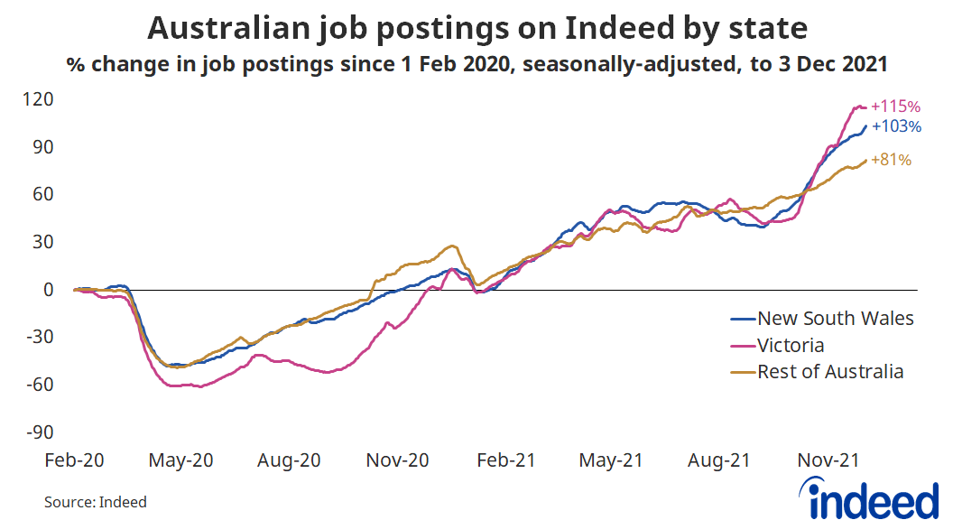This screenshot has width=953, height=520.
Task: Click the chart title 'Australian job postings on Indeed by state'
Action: pyautogui.click(x=476, y=29)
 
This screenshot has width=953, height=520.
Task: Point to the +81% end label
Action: pyautogui.click(x=891, y=161)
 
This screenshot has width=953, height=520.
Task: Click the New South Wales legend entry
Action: pyautogui.click(x=835, y=318)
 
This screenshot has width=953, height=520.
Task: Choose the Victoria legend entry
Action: pyautogui.click(x=791, y=345)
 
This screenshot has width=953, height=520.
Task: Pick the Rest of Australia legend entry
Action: pyautogui.click(x=830, y=371)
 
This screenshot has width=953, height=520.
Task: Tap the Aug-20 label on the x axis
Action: pyautogui.click(x=289, y=460)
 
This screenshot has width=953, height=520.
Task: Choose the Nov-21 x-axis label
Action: pyautogui.click(x=826, y=460)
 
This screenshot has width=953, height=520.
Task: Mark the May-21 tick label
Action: pyautogui.click(x=612, y=460)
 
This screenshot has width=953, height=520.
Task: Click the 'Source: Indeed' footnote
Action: pyautogui.click(x=95, y=501)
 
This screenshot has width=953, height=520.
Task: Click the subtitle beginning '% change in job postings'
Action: pyautogui.click(x=476, y=65)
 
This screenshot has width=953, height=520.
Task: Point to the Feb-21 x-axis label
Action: pyautogui.click(x=504, y=460)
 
